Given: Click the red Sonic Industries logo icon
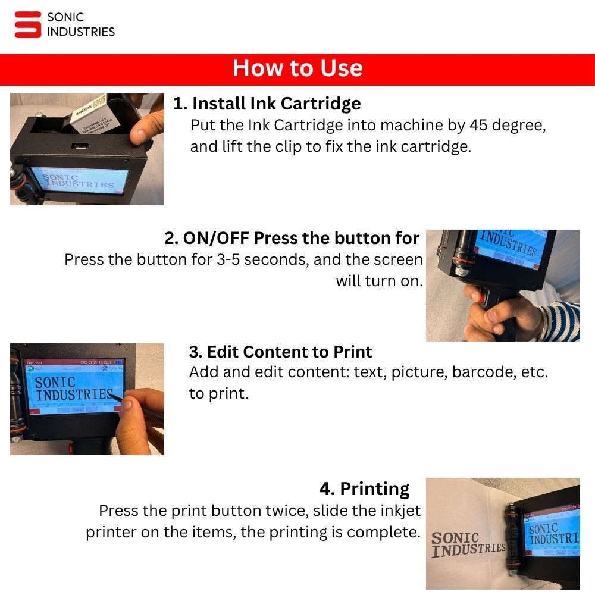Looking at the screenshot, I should [28, 24].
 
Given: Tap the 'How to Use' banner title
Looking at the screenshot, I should [297, 68].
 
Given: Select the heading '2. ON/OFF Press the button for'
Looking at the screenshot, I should [292, 238].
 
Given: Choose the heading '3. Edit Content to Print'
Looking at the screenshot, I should [280, 352].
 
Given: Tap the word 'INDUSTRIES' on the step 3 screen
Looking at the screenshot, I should [74, 394].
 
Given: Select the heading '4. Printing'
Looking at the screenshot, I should [364, 489].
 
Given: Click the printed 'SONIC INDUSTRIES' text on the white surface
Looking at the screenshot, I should [467, 544].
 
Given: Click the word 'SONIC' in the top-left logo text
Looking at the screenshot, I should [65, 18].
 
